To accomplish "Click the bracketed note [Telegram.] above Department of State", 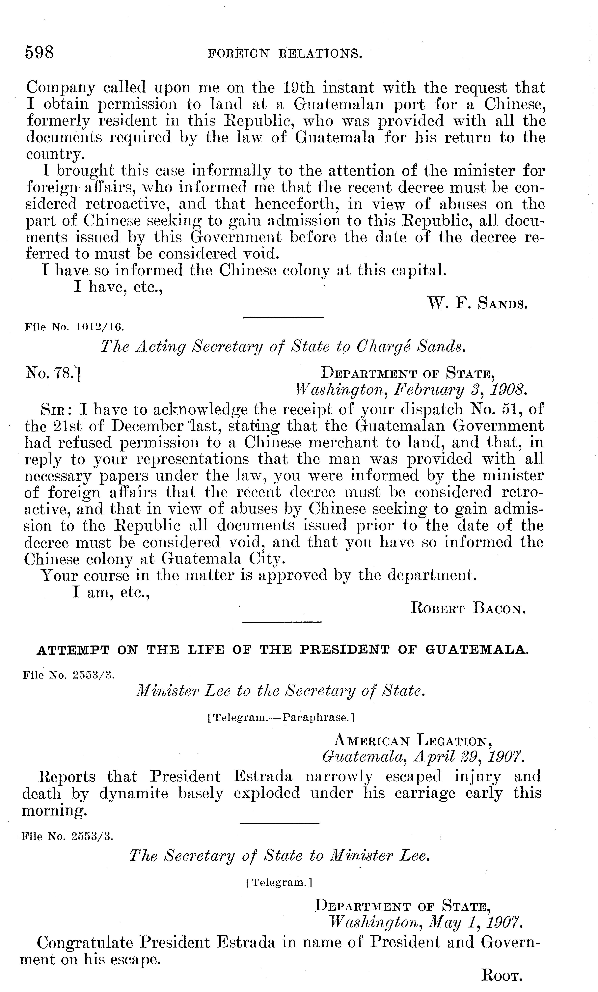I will (x=279, y=882).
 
